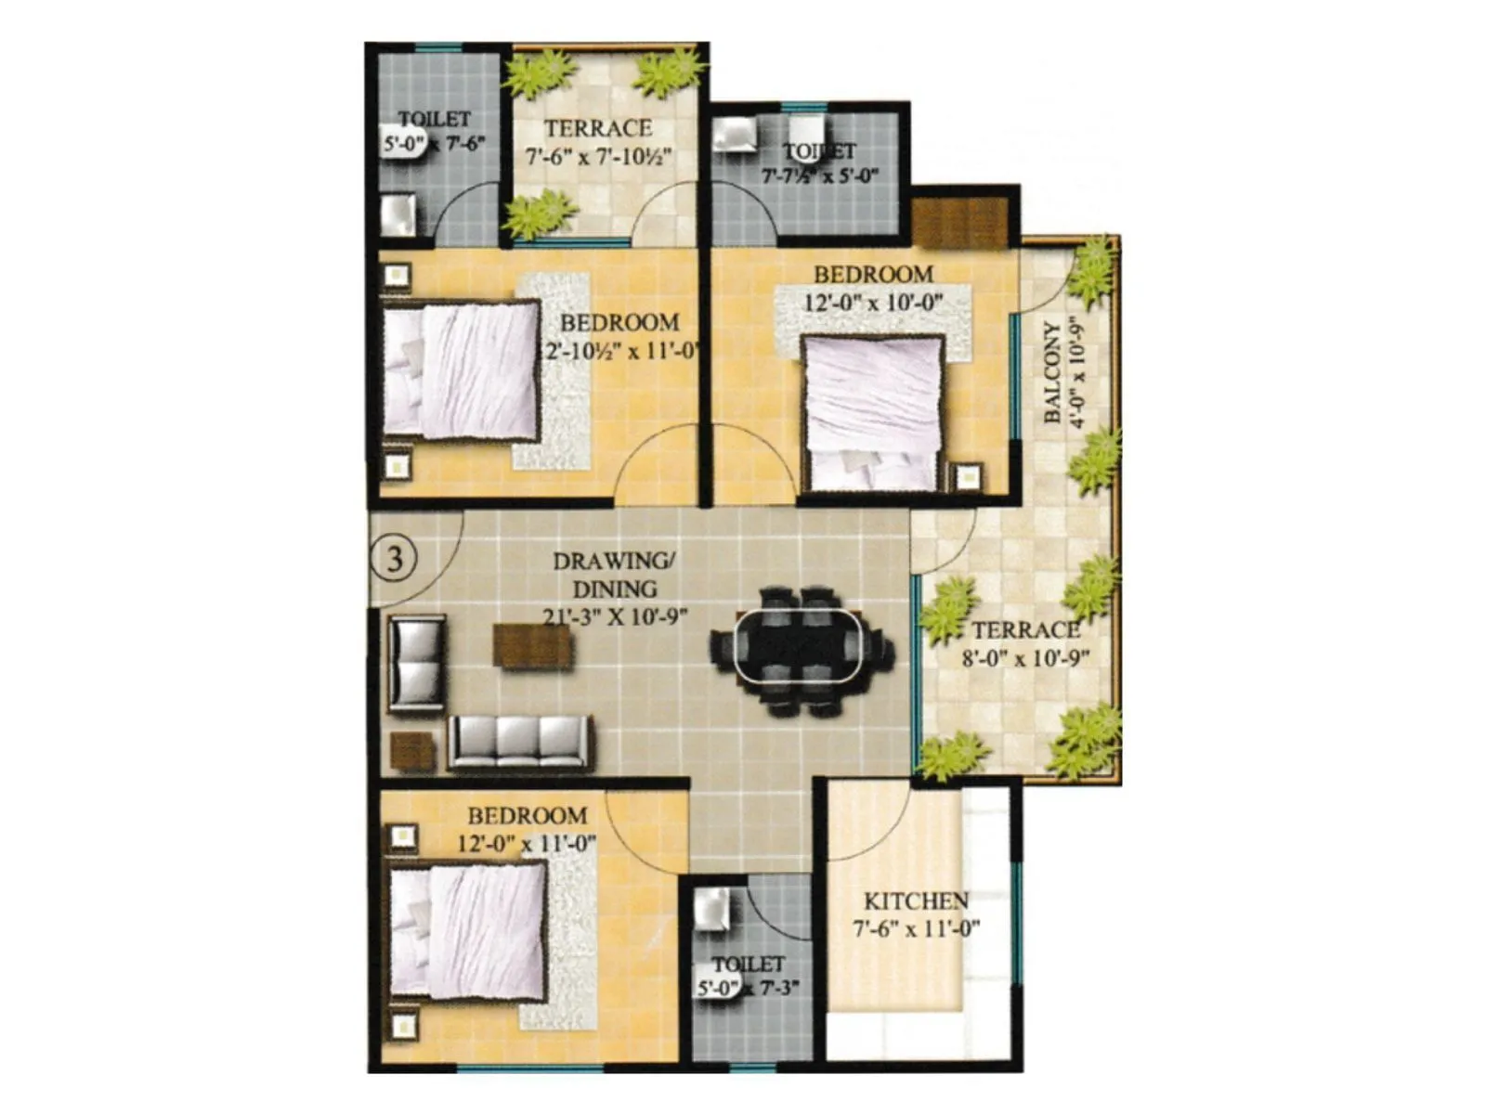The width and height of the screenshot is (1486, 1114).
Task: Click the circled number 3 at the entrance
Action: [x=394, y=559]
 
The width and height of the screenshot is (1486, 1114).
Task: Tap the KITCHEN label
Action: [x=916, y=900]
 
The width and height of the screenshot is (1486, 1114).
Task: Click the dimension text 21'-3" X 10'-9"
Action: [x=615, y=616]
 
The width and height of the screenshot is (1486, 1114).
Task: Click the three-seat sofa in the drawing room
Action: [x=520, y=743]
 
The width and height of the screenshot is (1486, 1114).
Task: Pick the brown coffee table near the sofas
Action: [x=532, y=645]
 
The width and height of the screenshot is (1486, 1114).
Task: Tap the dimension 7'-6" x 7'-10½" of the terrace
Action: [x=598, y=157]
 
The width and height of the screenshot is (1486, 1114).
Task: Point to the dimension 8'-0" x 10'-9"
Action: [x=1025, y=659]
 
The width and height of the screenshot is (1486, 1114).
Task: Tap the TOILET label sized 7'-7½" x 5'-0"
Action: [x=819, y=151]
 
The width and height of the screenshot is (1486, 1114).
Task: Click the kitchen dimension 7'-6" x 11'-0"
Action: [x=916, y=927]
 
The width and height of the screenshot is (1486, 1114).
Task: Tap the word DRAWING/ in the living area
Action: [x=615, y=561]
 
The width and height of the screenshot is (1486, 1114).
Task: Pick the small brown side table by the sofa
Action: [x=413, y=751]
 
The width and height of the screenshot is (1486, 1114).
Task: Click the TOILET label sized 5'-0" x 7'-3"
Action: [x=749, y=964]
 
